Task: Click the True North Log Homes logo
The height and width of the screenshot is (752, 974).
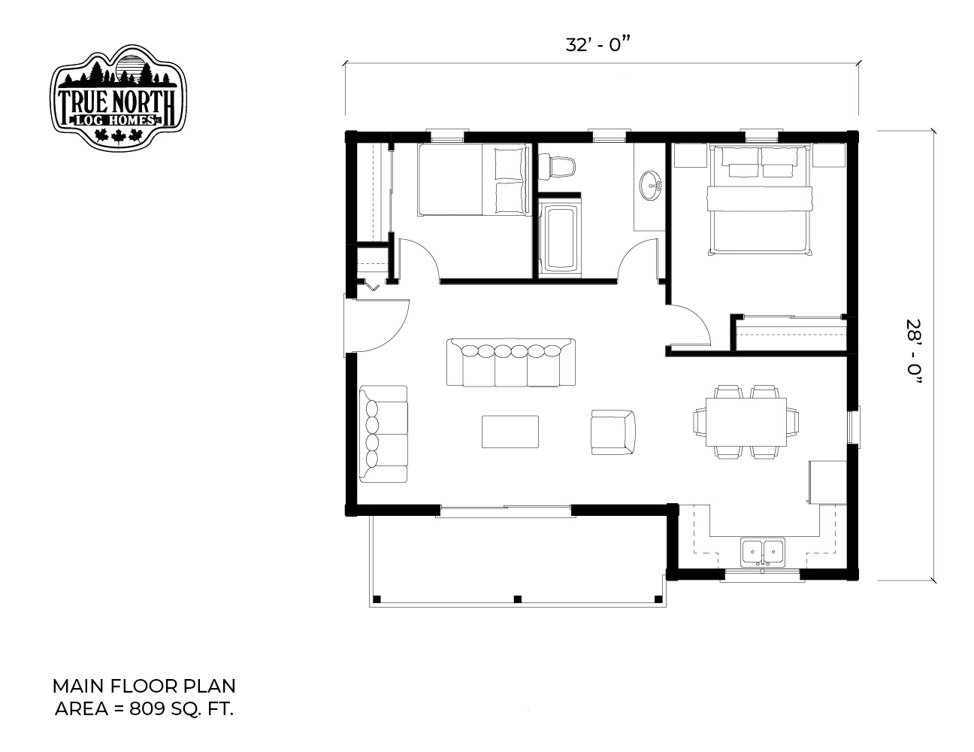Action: [x=118, y=98]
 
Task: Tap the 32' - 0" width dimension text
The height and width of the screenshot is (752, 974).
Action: [x=598, y=45]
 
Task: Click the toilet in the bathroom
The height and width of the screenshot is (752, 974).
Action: [x=556, y=167]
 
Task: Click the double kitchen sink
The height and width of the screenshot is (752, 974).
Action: [x=762, y=553]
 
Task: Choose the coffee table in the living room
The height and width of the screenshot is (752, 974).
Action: [x=510, y=432]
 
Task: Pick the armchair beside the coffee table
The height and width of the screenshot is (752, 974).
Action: [x=613, y=432]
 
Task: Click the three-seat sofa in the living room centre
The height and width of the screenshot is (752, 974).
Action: [x=511, y=362]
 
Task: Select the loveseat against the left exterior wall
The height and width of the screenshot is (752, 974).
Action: [x=383, y=434]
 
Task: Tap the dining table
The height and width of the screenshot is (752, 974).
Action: [x=746, y=422]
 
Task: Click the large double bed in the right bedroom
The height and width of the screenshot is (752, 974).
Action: [x=760, y=200]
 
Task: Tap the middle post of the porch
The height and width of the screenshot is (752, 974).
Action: [x=517, y=599]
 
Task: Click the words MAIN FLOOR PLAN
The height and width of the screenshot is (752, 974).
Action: [x=144, y=686]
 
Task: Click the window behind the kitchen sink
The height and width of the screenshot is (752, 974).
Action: [x=762, y=575]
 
